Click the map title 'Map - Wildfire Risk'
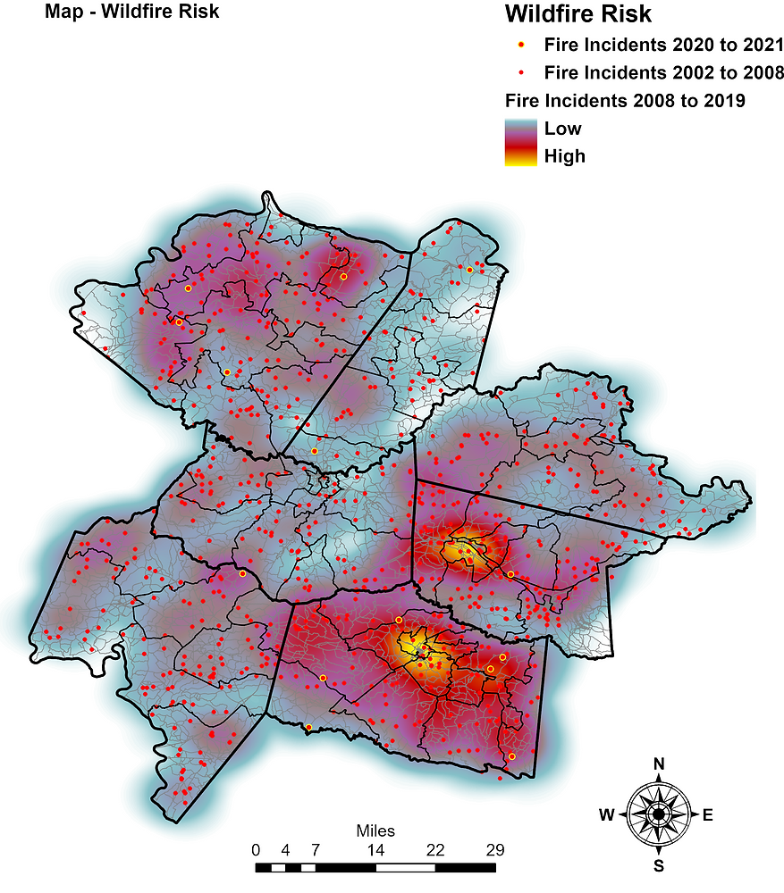point(131,13)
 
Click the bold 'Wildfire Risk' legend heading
point(577,14)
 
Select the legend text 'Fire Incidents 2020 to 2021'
point(664,45)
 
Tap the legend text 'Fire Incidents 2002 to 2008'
point(664,72)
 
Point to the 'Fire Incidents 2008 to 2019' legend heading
point(625,100)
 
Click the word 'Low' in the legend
point(562,129)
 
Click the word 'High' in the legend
point(564,156)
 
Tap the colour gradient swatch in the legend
point(520,142)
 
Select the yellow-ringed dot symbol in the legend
point(520,45)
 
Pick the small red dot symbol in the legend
point(520,72)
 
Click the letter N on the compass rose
point(659,764)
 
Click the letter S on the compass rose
point(659,865)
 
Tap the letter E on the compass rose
point(708,814)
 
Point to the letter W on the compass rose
point(606,814)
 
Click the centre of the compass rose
point(659,814)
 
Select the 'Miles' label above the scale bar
point(375,831)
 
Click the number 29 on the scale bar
point(495,849)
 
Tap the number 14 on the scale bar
point(375,849)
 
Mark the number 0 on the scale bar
point(256,849)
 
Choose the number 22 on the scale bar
point(435,849)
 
